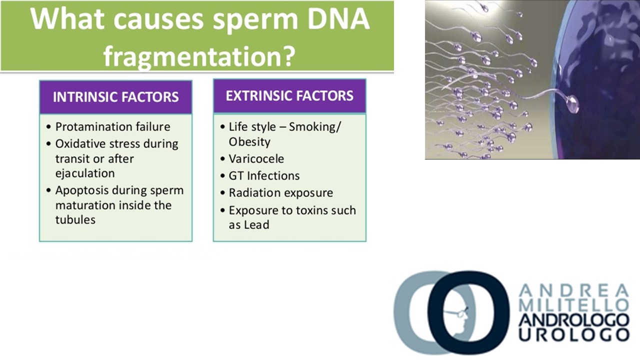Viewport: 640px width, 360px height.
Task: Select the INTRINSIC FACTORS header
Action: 115,97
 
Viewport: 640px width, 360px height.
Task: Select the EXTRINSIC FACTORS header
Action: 289,95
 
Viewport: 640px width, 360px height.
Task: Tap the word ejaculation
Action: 85,173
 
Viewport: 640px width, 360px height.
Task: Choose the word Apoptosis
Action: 80,191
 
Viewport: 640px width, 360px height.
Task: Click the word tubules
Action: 75,219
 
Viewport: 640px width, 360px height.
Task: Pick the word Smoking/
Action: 315,127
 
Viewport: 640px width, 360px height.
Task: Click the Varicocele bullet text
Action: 256,159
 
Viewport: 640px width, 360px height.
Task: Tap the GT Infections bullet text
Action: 264,175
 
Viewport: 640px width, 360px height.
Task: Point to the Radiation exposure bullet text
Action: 281,193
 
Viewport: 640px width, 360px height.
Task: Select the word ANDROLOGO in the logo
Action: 574,320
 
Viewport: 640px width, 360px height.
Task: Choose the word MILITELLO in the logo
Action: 573,305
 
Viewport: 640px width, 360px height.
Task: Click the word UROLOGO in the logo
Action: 574,335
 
